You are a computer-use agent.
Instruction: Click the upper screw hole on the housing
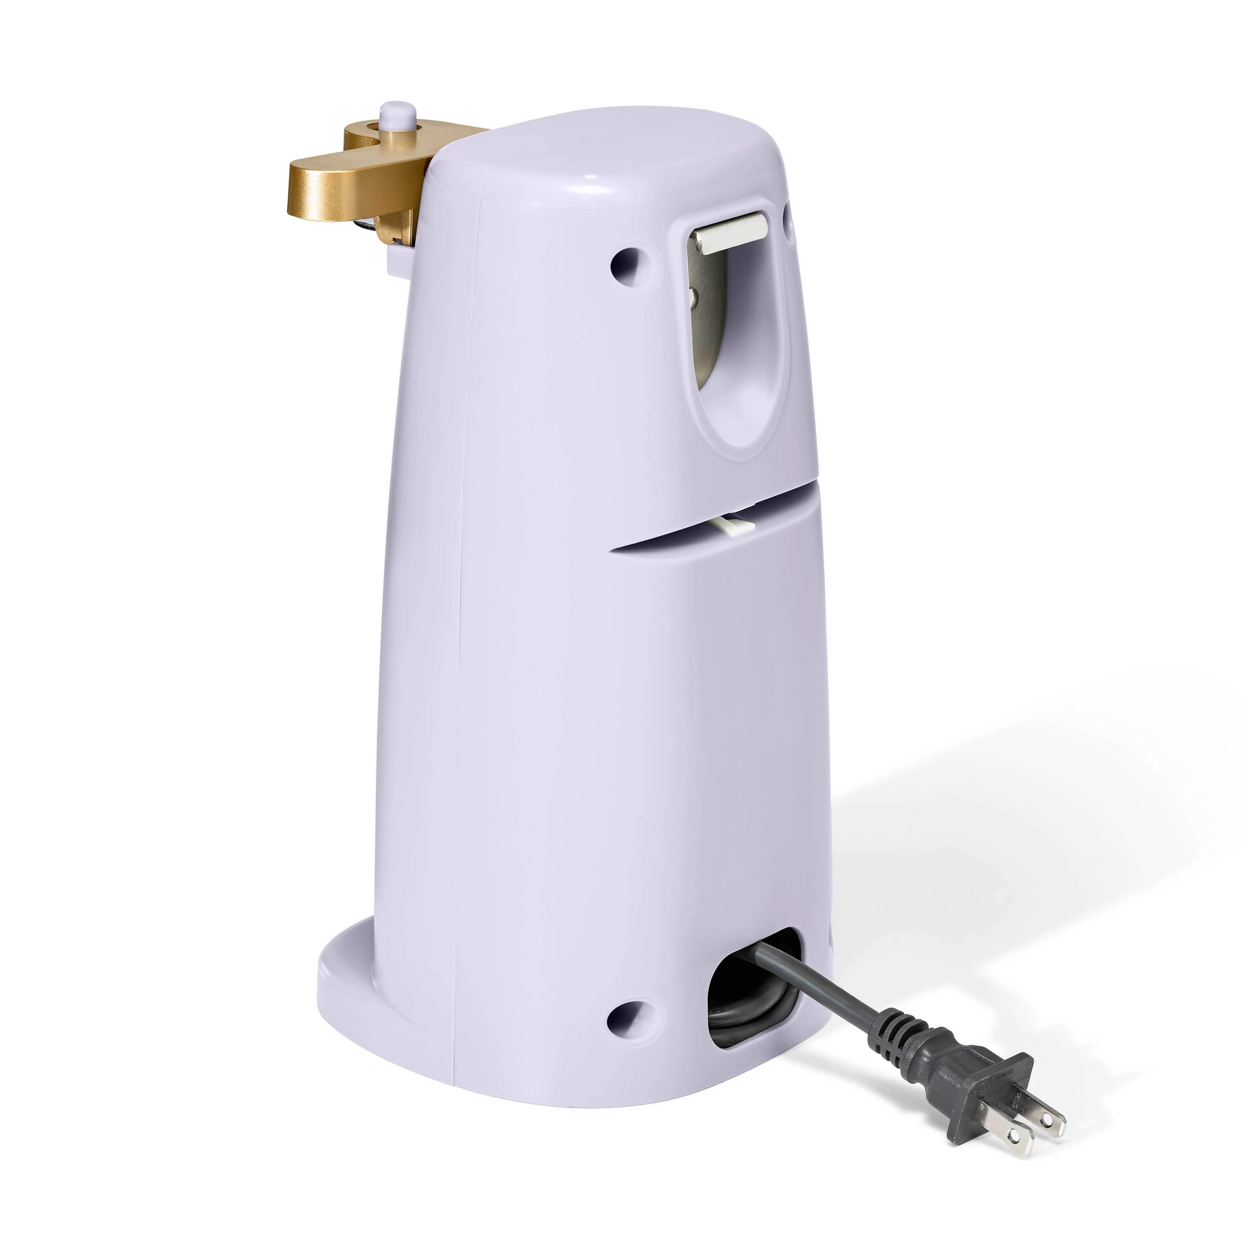coord(627,262)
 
